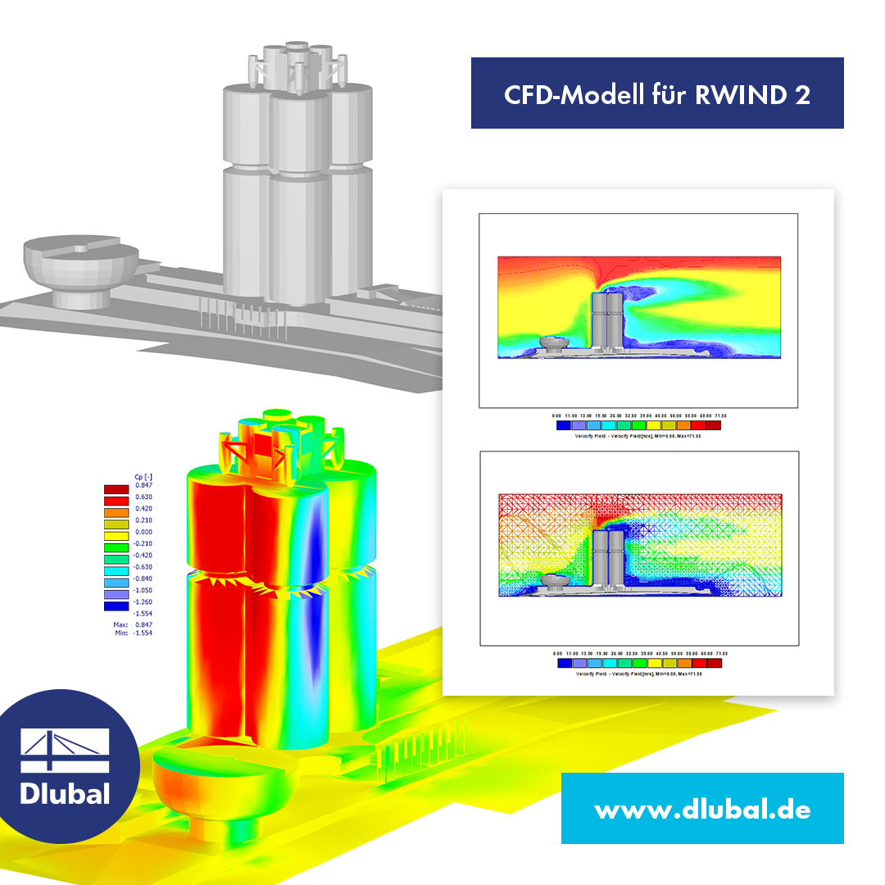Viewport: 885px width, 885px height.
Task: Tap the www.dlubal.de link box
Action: click(702, 810)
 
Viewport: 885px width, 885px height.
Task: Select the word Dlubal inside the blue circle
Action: click(64, 793)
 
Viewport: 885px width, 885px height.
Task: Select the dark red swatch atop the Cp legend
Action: click(116, 489)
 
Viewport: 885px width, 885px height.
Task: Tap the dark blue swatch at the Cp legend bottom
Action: click(116, 606)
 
